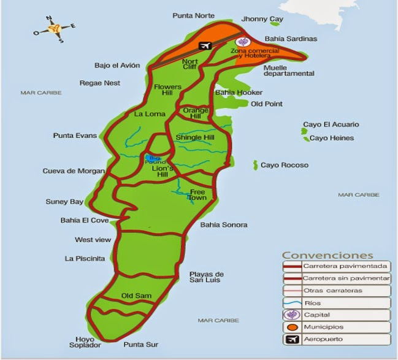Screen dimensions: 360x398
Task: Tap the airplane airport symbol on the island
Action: point(204,45)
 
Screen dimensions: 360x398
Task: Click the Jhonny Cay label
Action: point(262,20)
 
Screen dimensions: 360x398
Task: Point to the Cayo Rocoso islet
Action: point(255,165)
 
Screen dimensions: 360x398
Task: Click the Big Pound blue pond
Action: point(151,158)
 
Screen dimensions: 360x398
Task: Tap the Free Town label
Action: point(197,195)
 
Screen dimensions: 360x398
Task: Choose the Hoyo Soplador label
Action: point(85,342)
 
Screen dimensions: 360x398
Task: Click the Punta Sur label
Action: point(140,345)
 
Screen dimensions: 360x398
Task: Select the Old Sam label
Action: point(136,296)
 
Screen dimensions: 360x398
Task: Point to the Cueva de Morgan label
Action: point(74,171)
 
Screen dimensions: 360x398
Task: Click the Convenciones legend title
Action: point(327,255)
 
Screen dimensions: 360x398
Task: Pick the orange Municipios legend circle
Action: point(291,327)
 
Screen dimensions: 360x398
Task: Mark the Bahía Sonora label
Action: point(224,225)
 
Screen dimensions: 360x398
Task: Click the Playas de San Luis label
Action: point(207,277)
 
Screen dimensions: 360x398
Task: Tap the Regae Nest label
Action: point(100,83)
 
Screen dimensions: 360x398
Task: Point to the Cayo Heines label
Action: point(332,138)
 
